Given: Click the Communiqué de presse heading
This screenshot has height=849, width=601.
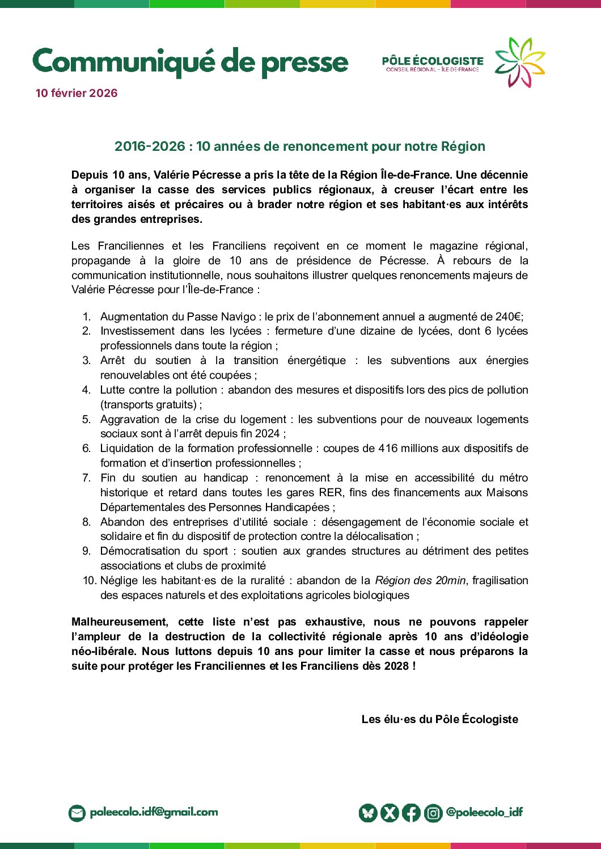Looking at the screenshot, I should point(190,62).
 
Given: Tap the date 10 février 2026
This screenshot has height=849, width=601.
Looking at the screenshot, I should point(77,93).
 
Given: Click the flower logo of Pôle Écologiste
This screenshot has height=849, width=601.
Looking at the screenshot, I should point(520,62).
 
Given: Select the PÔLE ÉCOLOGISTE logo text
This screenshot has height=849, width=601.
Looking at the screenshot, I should point(433,61).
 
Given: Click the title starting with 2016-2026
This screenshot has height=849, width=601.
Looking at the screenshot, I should point(300,146).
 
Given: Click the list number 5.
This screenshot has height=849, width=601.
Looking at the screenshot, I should point(86,419).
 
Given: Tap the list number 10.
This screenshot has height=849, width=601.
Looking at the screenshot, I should point(89,580).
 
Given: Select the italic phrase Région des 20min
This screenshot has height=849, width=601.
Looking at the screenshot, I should point(420,580).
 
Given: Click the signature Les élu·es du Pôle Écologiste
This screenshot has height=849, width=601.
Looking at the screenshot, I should point(439,719).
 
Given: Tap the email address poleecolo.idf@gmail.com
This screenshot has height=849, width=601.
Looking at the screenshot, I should point(154,812).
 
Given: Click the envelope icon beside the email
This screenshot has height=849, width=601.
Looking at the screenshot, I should point(77,813).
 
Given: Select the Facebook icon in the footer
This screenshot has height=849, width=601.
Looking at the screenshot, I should point(411,813).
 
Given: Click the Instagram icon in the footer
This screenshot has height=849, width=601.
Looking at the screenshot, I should point(433,813).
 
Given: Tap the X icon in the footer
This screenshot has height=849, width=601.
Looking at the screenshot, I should point(390,813).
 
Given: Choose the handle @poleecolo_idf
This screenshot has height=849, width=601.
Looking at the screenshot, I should point(484,812).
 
